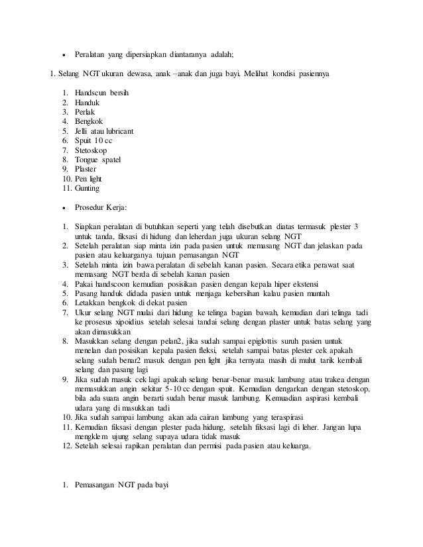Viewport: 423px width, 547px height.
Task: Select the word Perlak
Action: (86, 112)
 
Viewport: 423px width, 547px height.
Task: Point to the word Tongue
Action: (88, 160)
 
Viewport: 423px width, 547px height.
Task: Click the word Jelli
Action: (83, 131)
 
